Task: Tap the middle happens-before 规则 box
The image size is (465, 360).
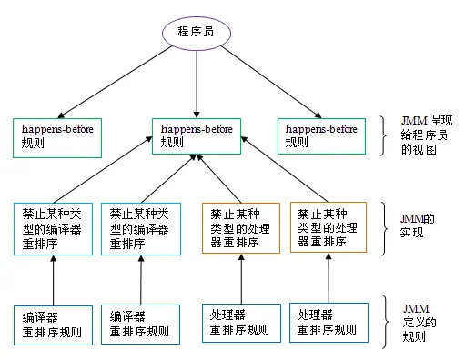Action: [x=195, y=135]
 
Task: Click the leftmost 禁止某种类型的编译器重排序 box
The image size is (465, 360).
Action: [x=53, y=227]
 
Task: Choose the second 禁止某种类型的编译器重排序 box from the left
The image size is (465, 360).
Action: [x=140, y=227]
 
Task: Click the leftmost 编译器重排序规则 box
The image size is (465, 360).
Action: [x=53, y=324]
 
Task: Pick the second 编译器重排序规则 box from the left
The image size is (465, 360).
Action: [x=140, y=324]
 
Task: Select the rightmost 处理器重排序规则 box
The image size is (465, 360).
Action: [x=328, y=323]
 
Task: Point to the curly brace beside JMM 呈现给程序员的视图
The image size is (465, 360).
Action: [x=386, y=135]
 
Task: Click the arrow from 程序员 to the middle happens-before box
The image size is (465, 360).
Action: [x=197, y=82]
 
